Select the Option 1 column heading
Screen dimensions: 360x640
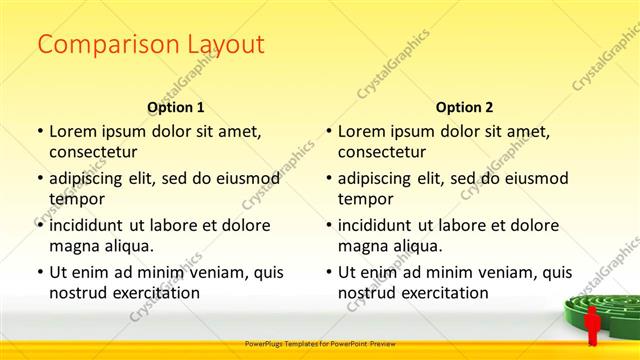tap(176, 107)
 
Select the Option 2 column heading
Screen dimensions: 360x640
tap(464, 107)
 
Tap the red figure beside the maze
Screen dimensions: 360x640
tap(592, 324)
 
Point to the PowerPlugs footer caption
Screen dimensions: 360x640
tap(320, 343)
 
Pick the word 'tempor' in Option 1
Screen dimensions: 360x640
tap(76, 199)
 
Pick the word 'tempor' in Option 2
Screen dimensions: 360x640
tap(365, 199)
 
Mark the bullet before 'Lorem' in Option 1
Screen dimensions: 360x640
tap(39, 131)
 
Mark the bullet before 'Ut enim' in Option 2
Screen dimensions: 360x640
tap(328, 272)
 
